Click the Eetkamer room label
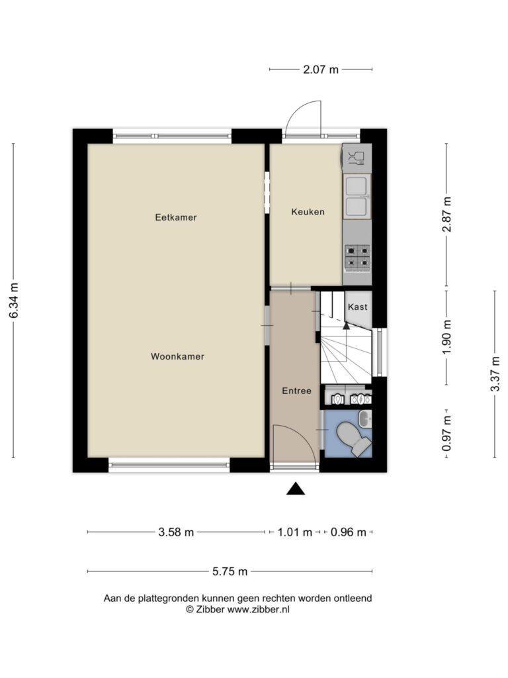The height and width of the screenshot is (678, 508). [x=176, y=217]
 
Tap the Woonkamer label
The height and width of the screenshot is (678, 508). [x=177, y=356]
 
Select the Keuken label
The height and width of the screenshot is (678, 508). [x=308, y=212]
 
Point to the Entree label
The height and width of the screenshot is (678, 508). [x=296, y=391]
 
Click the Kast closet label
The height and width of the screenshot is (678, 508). [x=358, y=307]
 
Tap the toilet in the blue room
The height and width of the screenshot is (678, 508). [x=353, y=438]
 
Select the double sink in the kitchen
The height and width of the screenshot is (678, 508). [x=357, y=196]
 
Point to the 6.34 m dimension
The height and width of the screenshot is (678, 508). [x=14, y=301]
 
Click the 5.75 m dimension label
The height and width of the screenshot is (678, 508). [x=230, y=571]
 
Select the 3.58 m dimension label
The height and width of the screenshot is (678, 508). [x=176, y=532]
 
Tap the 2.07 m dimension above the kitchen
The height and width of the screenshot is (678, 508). [x=321, y=69]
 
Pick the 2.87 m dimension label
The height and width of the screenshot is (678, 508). [x=446, y=215]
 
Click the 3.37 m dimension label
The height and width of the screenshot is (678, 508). [x=495, y=373]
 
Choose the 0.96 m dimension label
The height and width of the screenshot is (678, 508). [x=348, y=532]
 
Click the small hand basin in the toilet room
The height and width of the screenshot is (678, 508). [x=365, y=418]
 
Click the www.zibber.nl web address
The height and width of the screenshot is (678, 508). [x=259, y=610]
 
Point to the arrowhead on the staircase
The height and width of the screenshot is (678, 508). [x=346, y=326]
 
